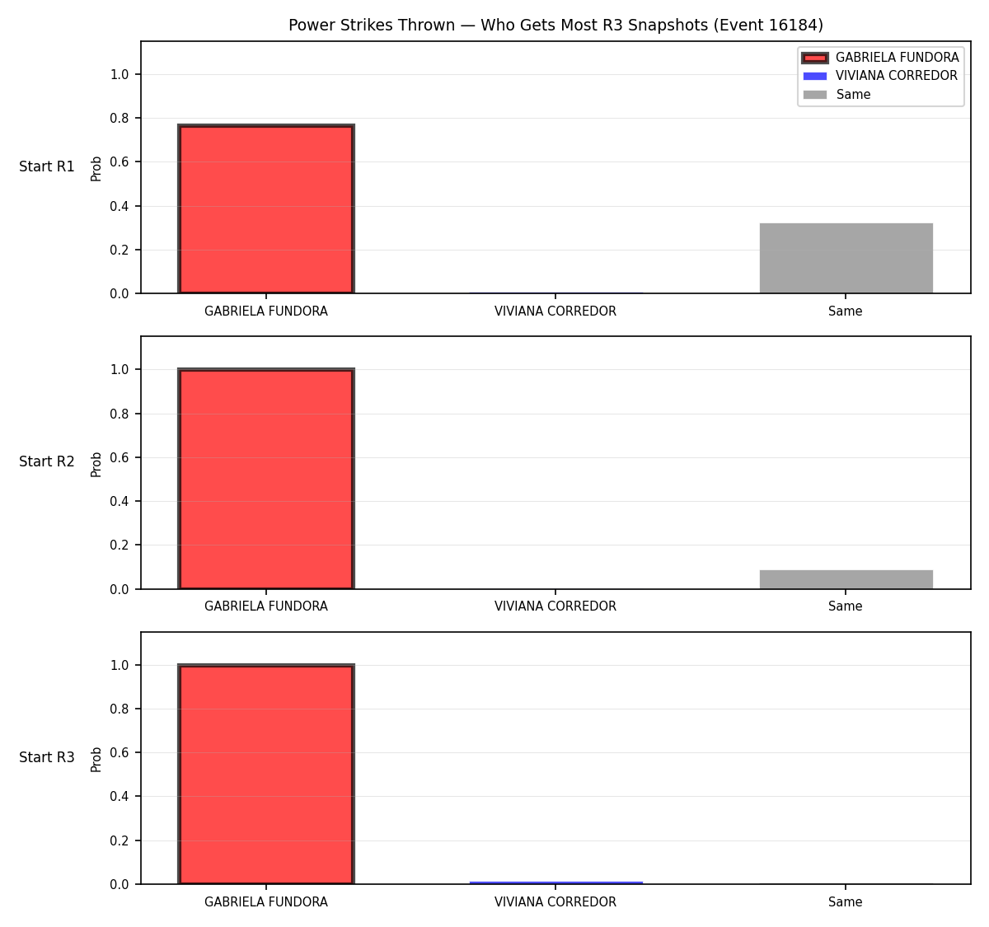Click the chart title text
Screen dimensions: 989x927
[x=555, y=25]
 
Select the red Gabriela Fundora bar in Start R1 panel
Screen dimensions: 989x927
[x=266, y=208]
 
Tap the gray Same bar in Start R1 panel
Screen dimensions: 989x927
[x=846, y=258]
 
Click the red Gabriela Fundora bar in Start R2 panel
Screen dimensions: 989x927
[x=266, y=479]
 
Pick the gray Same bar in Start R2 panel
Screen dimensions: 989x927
[x=846, y=579]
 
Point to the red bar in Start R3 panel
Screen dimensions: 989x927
[x=266, y=774]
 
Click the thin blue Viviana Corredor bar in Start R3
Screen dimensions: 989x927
[x=555, y=883]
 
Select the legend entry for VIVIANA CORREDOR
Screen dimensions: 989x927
[x=880, y=76]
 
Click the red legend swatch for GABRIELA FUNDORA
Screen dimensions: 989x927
[x=815, y=58]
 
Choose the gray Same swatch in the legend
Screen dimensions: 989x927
[x=815, y=95]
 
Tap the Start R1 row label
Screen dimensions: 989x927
[x=47, y=166]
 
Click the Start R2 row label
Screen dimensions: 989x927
[x=47, y=461]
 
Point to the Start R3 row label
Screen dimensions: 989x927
[x=47, y=757]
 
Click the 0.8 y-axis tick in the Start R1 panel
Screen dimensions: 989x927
[x=119, y=118]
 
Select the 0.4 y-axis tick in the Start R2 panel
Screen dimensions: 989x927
[x=119, y=501]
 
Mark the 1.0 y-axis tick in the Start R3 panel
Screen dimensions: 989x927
[x=119, y=665]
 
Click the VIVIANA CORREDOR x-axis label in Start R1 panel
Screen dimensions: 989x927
[x=555, y=311]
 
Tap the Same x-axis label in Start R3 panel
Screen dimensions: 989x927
[x=845, y=901]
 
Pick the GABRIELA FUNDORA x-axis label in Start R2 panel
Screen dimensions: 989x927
[x=266, y=606]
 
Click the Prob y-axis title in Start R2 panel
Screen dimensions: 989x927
[x=96, y=464]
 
